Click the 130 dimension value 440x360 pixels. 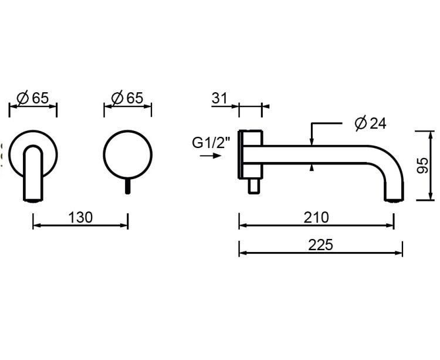pos(80,218)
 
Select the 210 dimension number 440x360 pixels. pos(316,218)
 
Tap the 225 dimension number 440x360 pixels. pos(320,245)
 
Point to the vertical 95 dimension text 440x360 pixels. pos(422,166)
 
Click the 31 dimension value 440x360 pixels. pos(219,98)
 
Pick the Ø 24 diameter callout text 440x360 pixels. pos(370,123)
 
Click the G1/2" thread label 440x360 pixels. pos(211,142)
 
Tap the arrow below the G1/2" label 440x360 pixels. pos(211,156)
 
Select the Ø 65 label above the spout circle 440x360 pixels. pos(32,98)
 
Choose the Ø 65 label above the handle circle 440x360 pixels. pos(127,98)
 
